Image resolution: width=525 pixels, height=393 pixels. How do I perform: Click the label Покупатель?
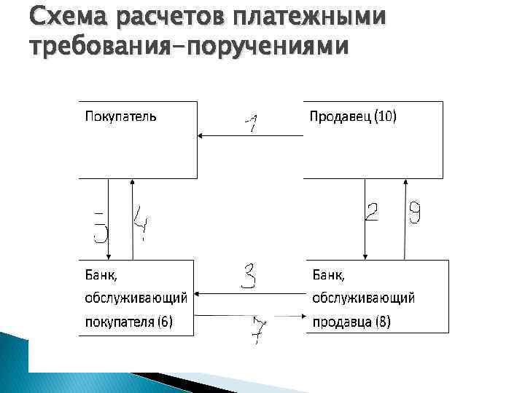point(121,116)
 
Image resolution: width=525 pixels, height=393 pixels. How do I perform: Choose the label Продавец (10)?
point(353,116)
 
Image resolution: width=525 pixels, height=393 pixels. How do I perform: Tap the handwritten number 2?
point(372,214)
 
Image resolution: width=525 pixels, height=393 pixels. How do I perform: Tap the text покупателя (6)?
point(129,321)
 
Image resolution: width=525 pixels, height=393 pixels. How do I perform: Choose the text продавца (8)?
point(351,321)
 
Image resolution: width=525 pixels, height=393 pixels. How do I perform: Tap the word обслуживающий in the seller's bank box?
point(363,298)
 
